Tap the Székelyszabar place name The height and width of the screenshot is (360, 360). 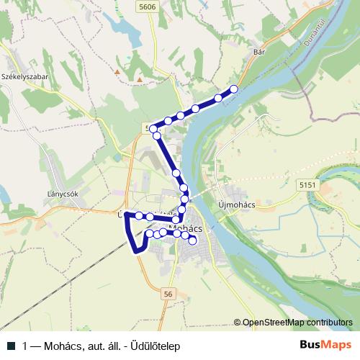(x=24, y=76)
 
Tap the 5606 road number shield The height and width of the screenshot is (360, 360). (x=148, y=6)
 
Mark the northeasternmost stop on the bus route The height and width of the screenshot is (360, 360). (x=233, y=89)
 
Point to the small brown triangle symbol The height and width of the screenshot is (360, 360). (x=117, y=71)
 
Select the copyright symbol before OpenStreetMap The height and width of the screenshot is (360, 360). (x=238, y=323)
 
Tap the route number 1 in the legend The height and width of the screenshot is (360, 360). (x=25, y=346)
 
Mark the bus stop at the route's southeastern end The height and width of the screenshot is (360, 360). (x=192, y=241)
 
